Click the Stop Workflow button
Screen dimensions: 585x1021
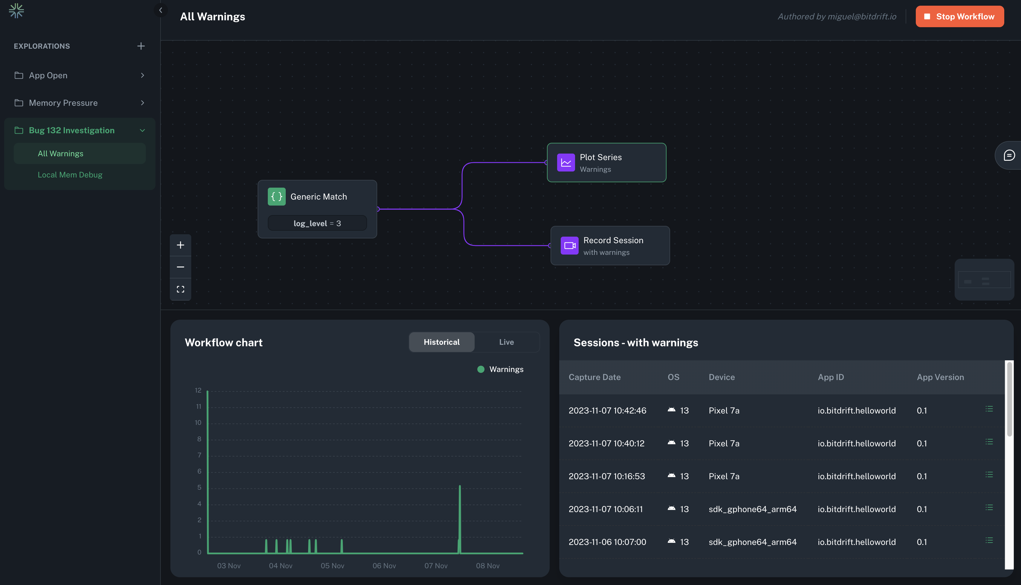[x=959, y=16]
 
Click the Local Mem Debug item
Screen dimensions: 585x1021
[x=70, y=175]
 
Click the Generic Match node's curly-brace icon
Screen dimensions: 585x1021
[x=276, y=197]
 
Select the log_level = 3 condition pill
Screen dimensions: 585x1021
[x=317, y=223]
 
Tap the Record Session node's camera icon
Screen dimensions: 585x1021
[x=569, y=246]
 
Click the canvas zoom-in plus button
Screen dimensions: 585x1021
[x=181, y=245]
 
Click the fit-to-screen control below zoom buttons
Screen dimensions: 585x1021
[x=181, y=289]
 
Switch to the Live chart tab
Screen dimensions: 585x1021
[x=506, y=342]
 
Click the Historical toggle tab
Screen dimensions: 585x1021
[x=441, y=342]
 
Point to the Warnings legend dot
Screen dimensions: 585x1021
[x=481, y=369]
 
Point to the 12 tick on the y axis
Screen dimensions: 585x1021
[x=198, y=390]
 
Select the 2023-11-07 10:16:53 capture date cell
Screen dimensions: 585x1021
[x=606, y=476]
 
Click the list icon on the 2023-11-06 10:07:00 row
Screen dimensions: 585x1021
[x=989, y=540]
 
